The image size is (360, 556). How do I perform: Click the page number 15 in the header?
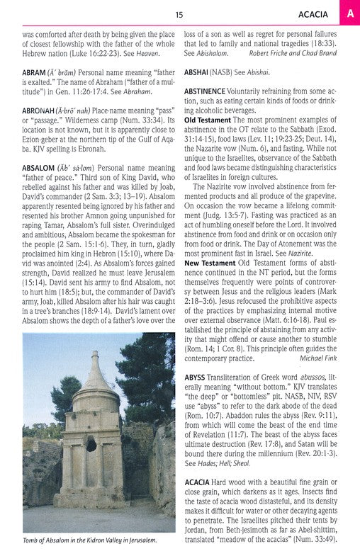point(180,13)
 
